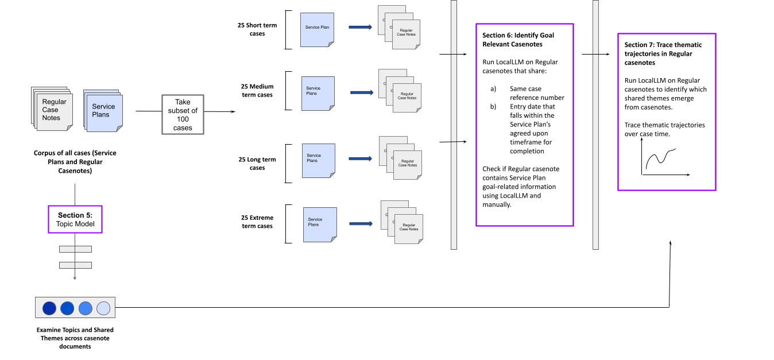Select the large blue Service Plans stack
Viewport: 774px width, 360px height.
[x=103, y=111]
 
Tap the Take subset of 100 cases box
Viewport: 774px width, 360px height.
[x=183, y=115]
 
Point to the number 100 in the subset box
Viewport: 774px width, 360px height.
[x=183, y=119]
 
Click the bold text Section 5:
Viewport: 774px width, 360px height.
[x=75, y=215]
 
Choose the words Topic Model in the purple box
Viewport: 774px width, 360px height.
[x=75, y=224]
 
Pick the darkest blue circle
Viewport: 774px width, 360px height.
[x=49, y=308]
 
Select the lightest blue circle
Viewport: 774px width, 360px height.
[x=103, y=308]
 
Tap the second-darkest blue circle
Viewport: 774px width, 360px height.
[x=67, y=308]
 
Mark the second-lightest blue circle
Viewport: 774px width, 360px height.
[x=86, y=308]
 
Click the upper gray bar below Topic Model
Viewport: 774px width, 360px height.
[x=75, y=249]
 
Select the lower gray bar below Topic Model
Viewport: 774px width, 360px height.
[x=75, y=265]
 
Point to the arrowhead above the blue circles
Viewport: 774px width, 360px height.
[x=75, y=278]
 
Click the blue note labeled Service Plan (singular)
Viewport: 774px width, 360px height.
[x=317, y=30]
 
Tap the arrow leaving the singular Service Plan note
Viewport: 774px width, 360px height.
[x=361, y=27]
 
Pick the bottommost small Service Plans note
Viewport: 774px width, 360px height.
[x=320, y=224]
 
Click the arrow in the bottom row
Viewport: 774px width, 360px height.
[x=361, y=223]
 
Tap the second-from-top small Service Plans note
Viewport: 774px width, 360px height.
[x=318, y=94]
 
